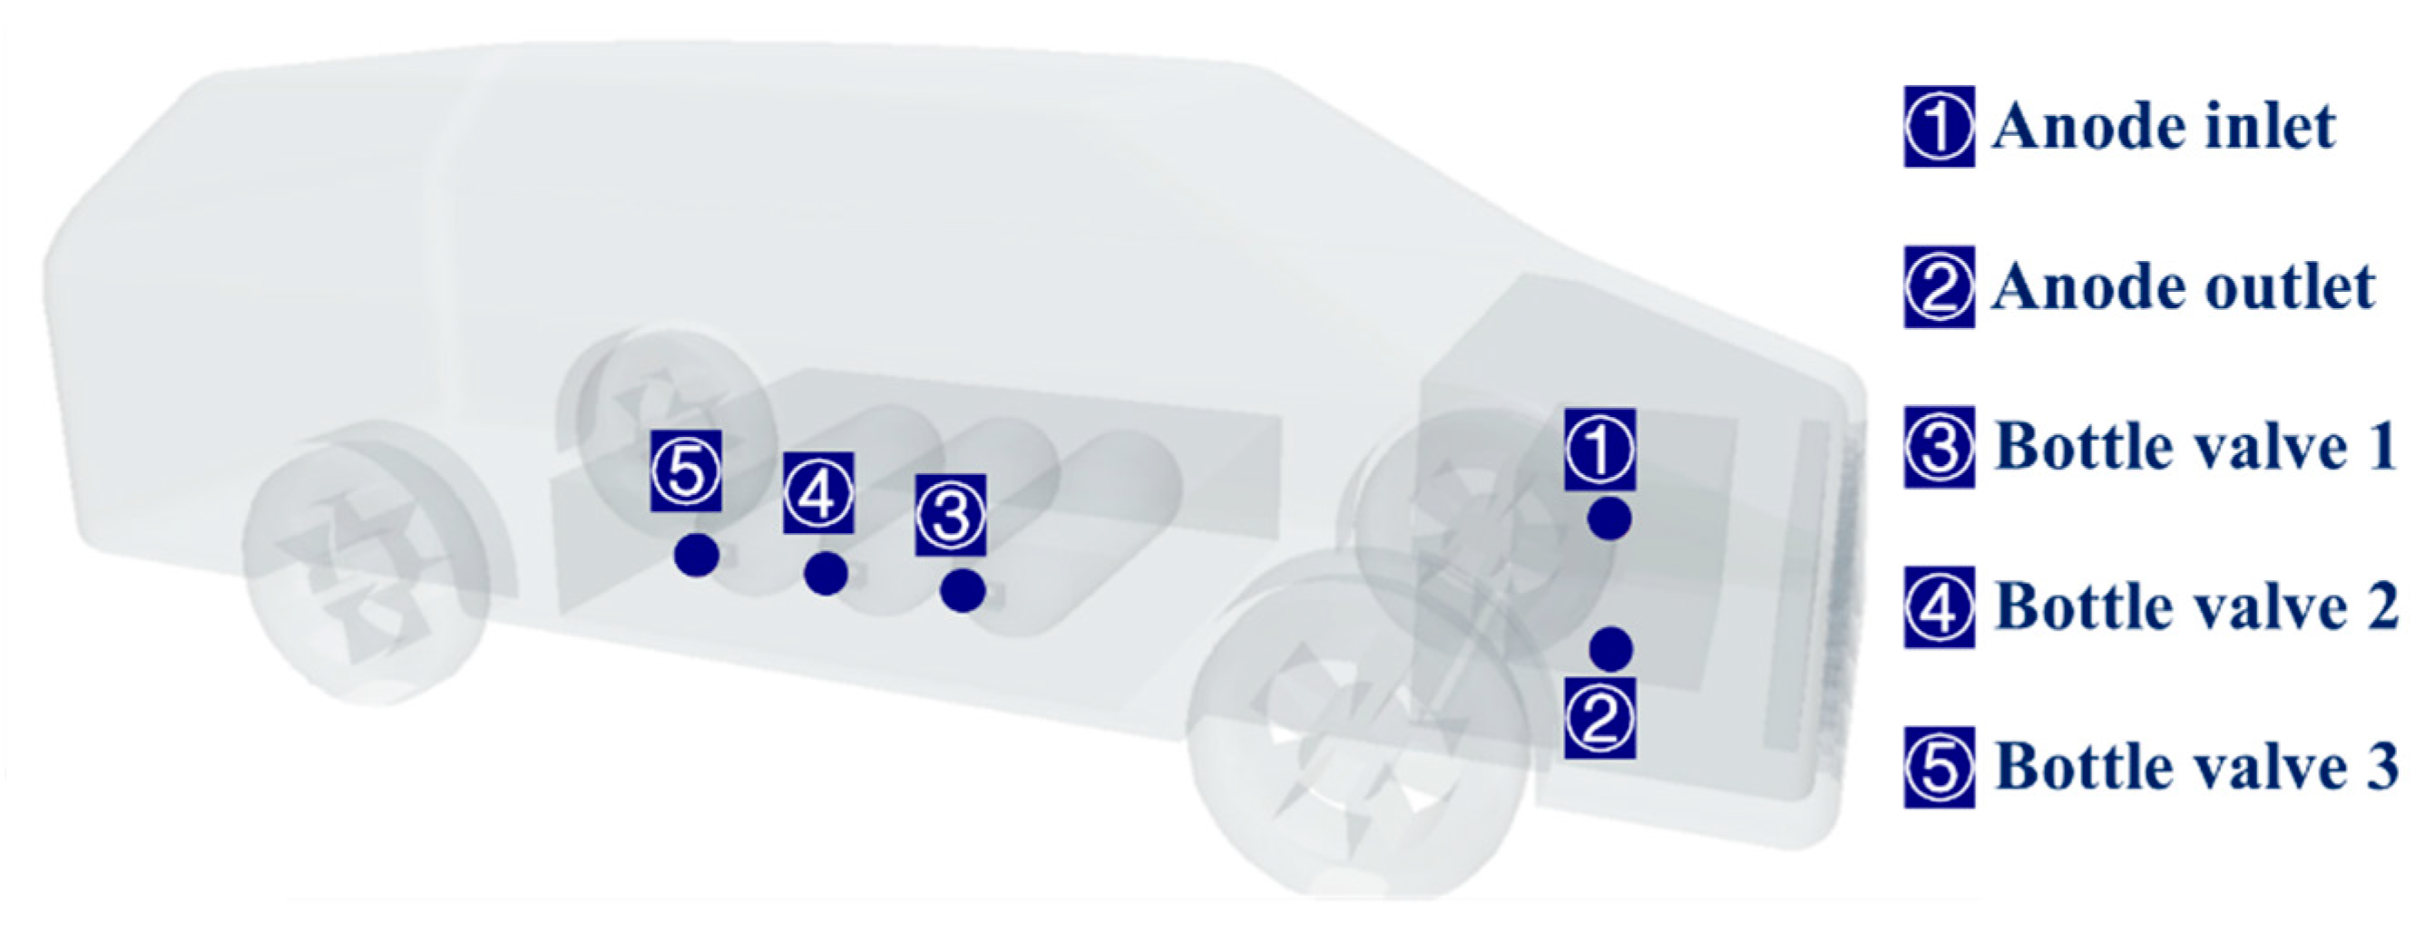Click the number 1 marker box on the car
coord(1599,450)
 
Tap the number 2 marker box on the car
coord(1599,718)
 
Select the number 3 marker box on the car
coord(951,515)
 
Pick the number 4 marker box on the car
coord(818,492)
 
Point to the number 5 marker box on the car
coord(686,470)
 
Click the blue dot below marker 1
coord(1609,518)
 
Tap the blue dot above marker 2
coord(1610,649)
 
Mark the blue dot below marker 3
coord(963,591)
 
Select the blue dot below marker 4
coord(826,574)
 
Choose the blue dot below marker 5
coord(697,555)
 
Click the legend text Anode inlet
coord(2163,127)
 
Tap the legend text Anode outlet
coord(2183,286)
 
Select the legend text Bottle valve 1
coord(2195,447)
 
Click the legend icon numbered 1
coord(1939,127)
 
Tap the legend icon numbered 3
coord(1939,447)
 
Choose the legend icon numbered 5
coord(1939,767)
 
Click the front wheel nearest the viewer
coord(1356,723)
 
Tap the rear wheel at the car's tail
coord(367,563)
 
